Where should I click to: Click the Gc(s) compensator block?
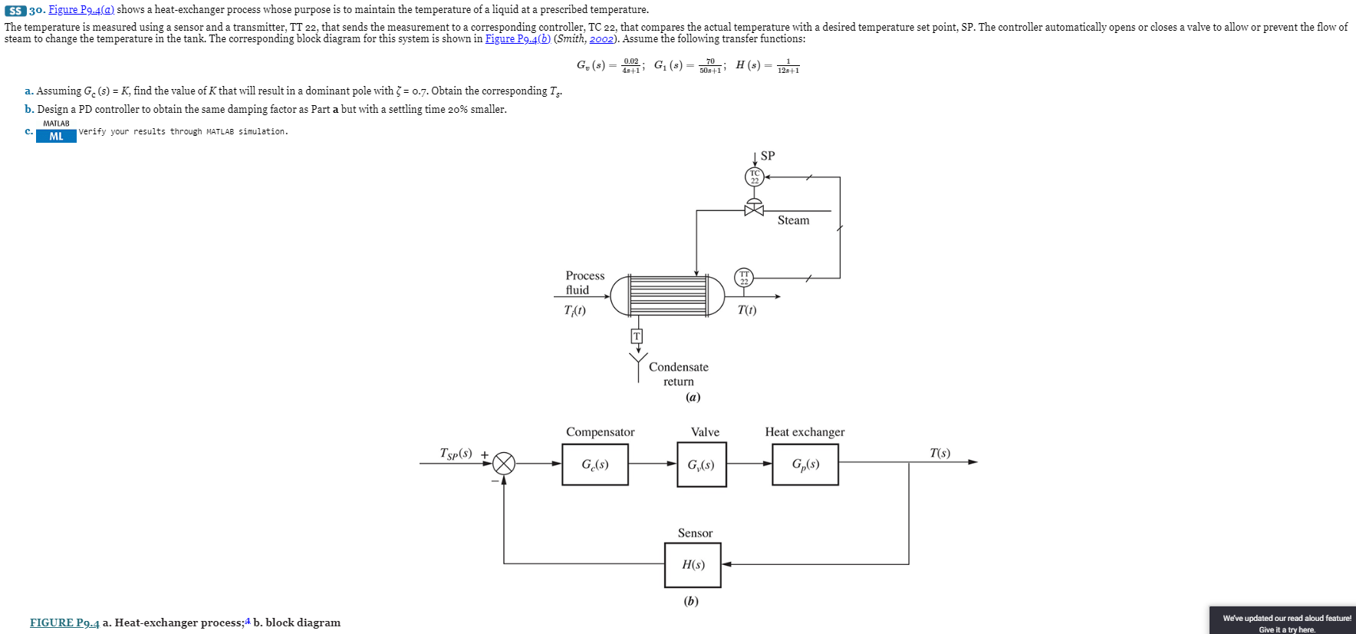(594, 464)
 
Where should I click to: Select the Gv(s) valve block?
(701, 464)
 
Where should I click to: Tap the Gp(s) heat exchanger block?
(805, 464)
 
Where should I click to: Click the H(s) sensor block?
(693, 564)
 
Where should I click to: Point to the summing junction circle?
(504, 463)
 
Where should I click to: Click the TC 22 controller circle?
(755, 177)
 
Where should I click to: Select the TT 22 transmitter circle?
(744, 277)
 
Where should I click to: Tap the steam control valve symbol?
(754, 209)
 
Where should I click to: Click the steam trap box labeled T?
(637, 336)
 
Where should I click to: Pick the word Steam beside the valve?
(793, 220)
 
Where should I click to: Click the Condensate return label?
(678, 374)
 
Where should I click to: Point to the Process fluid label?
(584, 282)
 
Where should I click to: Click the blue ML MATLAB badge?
(56, 137)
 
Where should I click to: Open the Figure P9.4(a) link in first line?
(81, 10)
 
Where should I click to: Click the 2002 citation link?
(601, 39)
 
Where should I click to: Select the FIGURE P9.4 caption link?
(64, 622)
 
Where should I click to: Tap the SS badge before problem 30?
(15, 11)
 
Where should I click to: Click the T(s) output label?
(940, 453)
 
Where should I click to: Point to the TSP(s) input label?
(456, 454)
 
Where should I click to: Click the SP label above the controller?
(768, 156)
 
